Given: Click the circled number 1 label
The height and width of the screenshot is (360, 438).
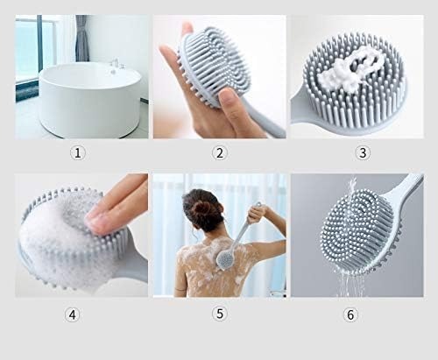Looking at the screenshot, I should (x=78, y=152).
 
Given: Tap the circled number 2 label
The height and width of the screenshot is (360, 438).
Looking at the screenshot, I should (x=219, y=152).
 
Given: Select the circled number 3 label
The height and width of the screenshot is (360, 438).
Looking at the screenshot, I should (x=362, y=152).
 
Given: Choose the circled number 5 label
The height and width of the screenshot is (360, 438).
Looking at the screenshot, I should (x=219, y=313).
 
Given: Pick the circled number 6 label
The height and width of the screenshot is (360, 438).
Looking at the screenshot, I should (x=351, y=313).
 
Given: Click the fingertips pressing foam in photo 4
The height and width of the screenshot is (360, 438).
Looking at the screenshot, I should (x=109, y=215).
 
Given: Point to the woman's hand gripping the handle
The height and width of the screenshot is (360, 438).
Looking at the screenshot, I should (x=255, y=213).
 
